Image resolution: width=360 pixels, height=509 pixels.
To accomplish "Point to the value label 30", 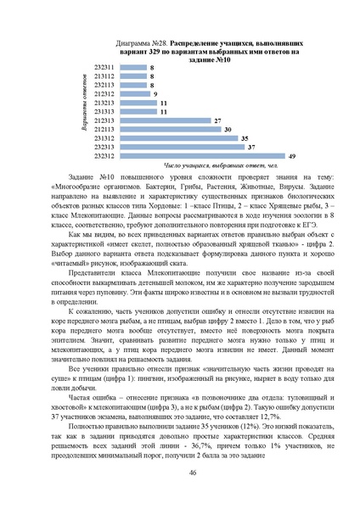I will click(228, 129).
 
